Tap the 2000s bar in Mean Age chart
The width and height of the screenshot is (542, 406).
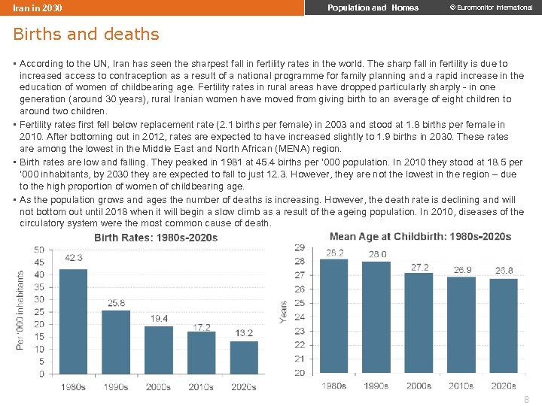click(x=419, y=323)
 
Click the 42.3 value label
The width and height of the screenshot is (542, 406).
click(x=73, y=258)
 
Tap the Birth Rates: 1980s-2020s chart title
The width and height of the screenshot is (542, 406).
click(x=156, y=238)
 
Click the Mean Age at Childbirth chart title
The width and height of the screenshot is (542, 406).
click(x=420, y=236)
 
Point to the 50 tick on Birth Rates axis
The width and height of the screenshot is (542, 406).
click(x=39, y=250)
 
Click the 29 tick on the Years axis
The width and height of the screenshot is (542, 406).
click(x=299, y=247)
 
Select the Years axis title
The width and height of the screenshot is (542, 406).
click(x=284, y=313)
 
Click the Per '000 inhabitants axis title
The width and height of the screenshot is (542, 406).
click(x=20, y=310)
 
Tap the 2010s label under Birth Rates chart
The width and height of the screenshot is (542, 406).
click(x=200, y=387)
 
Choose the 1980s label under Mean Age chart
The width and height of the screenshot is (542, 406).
click(x=334, y=386)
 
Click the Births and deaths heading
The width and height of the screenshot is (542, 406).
click(x=86, y=34)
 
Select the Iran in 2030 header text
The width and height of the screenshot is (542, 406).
click(x=38, y=8)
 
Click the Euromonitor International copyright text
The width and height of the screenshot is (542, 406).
click(x=490, y=8)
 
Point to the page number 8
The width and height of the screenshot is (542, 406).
click(x=526, y=400)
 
